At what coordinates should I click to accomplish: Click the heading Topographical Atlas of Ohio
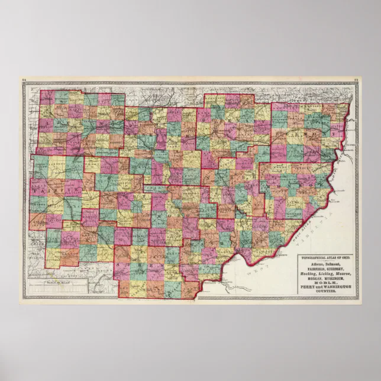325,258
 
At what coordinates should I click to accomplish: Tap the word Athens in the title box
314,264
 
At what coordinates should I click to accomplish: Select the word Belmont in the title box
333,264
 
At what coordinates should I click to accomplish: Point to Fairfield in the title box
315,269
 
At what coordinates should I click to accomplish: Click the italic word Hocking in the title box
308,274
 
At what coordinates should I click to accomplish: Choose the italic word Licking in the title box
326,274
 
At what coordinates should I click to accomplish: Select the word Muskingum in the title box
334,279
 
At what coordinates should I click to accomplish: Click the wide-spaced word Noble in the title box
326,283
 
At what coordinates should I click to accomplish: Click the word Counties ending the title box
326,291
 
